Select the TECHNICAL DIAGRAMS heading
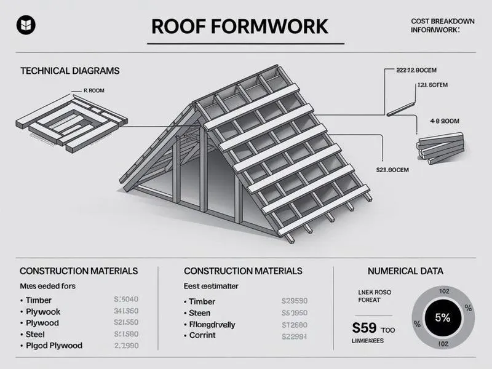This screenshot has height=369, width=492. (x=69, y=71)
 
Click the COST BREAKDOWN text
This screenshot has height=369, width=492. (x=442, y=22)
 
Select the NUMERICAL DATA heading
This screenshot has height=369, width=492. (x=405, y=271)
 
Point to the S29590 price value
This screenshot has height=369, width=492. (x=294, y=301)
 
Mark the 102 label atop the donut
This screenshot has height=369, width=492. (x=443, y=292)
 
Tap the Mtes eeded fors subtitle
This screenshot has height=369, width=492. (x=48, y=286)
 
